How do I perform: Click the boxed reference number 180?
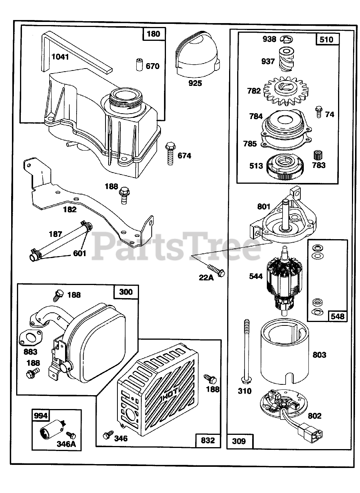tap(153, 34)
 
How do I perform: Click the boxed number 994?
tap(41, 416)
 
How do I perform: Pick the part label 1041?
tap(60, 57)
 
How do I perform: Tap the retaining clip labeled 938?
tap(286, 38)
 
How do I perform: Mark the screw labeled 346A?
tap(71, 435)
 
